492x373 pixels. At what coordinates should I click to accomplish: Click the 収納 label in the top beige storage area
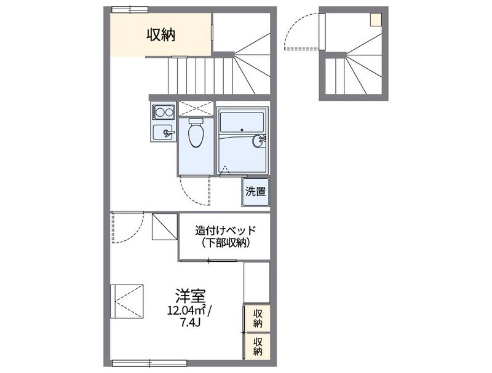pos(161,36)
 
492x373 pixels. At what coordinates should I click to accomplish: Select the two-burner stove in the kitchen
pos(163,112)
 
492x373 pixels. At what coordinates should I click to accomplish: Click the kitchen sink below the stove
pos(163,131)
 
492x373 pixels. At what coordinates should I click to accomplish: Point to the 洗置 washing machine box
pos(256,191)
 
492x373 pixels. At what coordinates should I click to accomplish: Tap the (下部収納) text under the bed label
pos(224,243)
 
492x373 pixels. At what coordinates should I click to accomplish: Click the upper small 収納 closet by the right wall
pos(258,318)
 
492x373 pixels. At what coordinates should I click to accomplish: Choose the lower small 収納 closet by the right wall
pos(258,346)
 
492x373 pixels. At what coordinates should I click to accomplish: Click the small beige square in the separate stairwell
pos(375,19)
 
